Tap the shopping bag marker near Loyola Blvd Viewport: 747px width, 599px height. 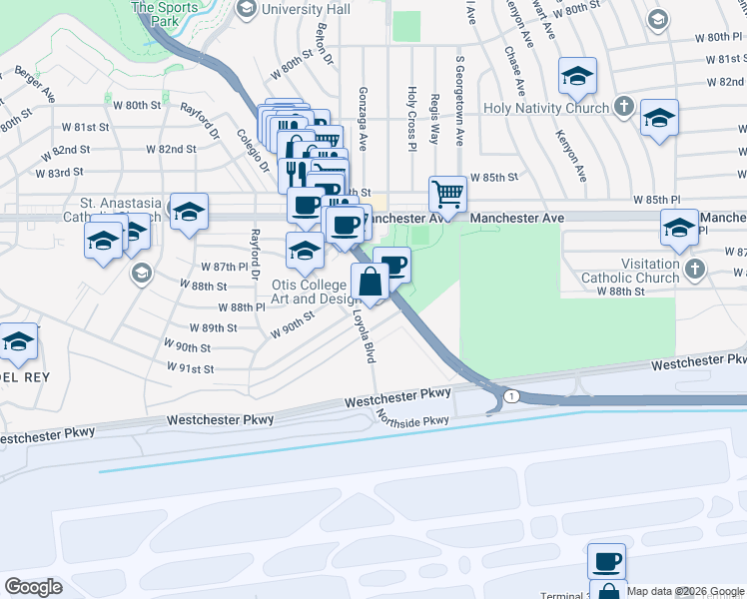coord(370,281)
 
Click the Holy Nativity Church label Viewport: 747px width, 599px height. coord(545,108)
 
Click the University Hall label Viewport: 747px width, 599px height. coord(305,9)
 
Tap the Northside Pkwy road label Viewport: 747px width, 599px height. coord(412,420)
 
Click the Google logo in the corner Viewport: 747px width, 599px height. coord(33,587)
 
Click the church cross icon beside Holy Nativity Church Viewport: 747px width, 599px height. coord(624,106)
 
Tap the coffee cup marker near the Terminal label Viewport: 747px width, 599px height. coord(606,561)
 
